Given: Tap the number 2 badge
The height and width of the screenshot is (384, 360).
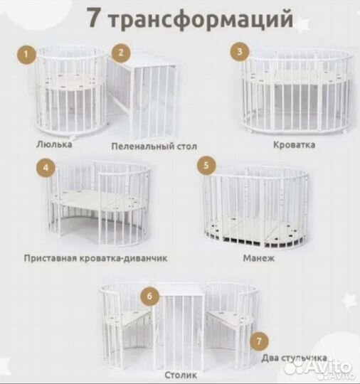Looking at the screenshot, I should [122, 52].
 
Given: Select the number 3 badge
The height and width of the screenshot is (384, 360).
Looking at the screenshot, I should [241, 50].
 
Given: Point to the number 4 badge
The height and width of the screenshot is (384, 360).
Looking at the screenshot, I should [46, 169].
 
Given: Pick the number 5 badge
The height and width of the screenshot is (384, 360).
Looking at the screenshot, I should [206, 166].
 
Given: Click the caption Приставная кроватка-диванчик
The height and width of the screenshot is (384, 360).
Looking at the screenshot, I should [95, 258].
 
